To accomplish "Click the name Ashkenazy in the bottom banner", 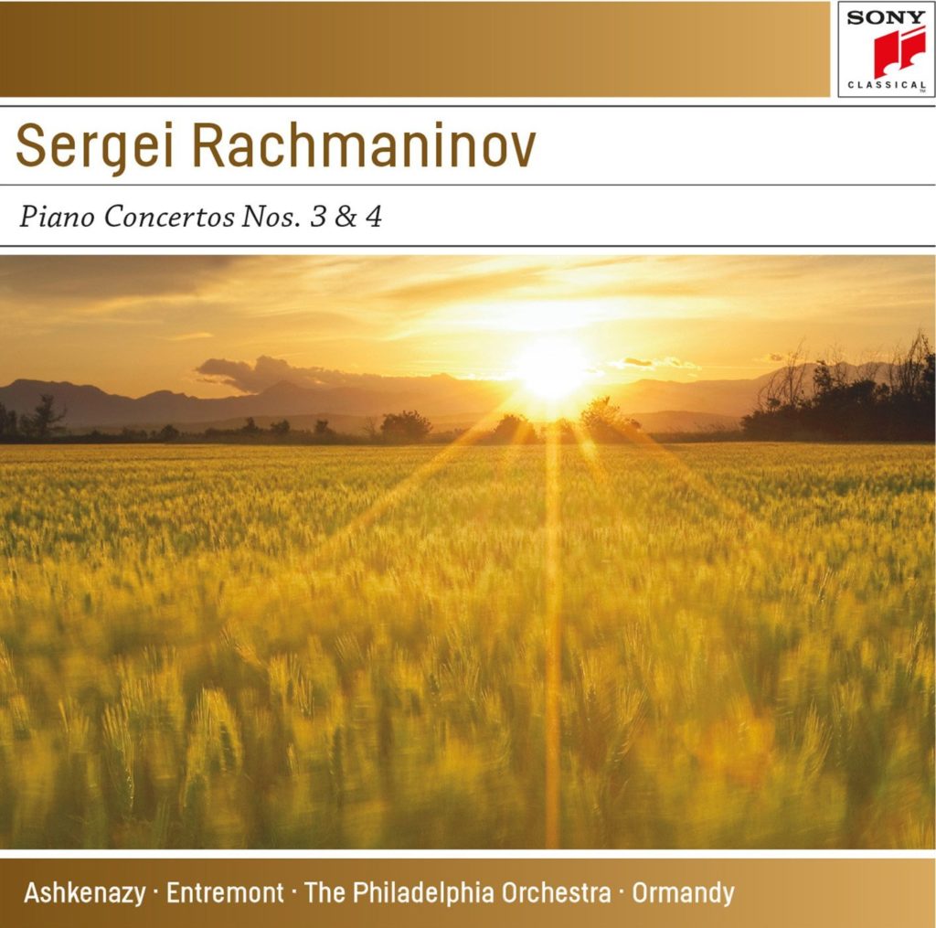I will click(x=84, y=892).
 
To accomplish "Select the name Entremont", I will click(x=225, y=891).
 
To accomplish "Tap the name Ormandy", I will click(x=682, y=892).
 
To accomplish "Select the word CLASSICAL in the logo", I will click(x=886, y=85).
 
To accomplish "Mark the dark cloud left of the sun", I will click(x=265, y=372).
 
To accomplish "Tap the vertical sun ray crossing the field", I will click(x=552, y=640).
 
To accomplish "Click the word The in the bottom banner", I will click(x=323, y=891).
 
